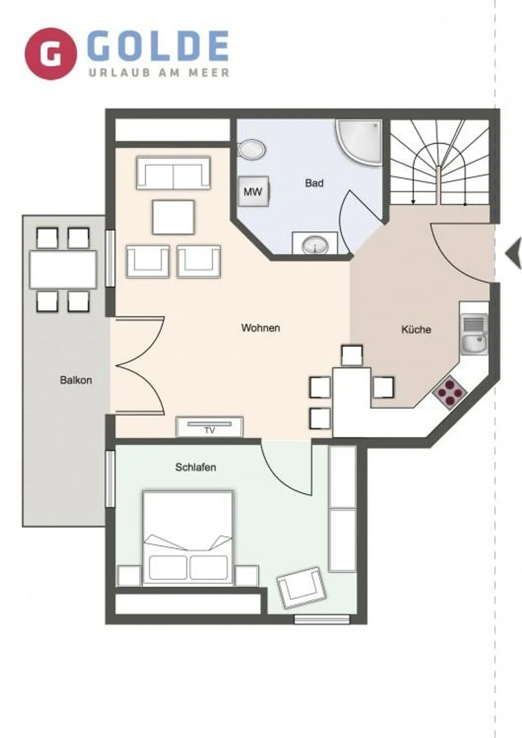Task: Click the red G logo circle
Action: pos(50,54)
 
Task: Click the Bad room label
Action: pos(314,183)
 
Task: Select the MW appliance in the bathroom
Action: pos(253,192)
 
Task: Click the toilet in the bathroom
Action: pos(252,150)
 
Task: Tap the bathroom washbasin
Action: pos(315,245)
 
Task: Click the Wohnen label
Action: pos(260,328)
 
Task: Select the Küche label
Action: pos(416,330)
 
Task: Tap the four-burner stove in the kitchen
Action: pos(450,393)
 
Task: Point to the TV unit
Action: pos(210,426)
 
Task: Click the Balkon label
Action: pos(76,380)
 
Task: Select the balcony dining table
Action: pos(63,270)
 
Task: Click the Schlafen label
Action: pos(195,467)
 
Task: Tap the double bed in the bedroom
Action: pos(188,538)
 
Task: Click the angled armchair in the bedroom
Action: pos(302,587)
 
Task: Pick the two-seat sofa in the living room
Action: pos(173,173)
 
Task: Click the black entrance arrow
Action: pos(513,255)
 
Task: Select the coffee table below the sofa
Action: pos(173,217)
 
